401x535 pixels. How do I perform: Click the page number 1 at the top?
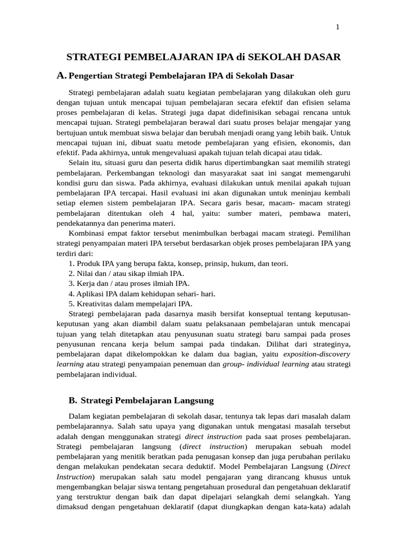point(337,27)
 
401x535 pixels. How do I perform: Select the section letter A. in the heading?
point(62,76)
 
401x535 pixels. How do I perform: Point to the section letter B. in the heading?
point(73,401)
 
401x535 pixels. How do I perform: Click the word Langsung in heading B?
point(193,401)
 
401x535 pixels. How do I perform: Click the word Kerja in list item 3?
point(86,283)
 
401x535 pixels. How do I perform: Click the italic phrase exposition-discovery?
point(316,354)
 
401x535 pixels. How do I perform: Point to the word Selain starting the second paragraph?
point(80,162)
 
